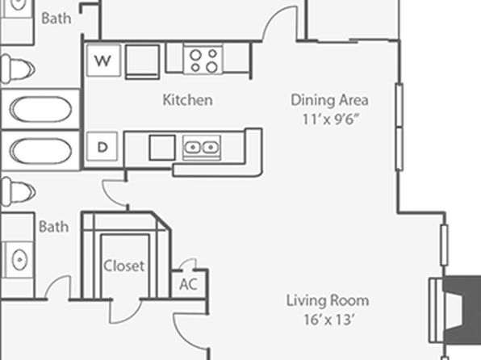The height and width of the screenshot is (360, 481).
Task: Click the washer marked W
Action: pos(103,61)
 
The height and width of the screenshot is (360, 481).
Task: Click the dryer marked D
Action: pos(102,147)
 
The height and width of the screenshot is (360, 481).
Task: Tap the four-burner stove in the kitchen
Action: pos(203,59)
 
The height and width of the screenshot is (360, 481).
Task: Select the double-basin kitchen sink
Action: pos(202,148)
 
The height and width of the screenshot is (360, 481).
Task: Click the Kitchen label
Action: pos(187,100)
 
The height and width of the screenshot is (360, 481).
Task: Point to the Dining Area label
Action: pos(329,100)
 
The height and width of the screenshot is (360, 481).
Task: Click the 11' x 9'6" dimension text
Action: pos(330,119)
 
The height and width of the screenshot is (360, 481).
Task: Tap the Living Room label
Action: pos(328,300)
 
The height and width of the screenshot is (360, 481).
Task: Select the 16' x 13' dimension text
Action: pos(328,320)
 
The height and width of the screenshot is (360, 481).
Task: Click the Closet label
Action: pos(124,266)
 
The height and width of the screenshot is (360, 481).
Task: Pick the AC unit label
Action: pos(188,284)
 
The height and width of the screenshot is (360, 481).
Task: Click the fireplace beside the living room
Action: pos(454,310)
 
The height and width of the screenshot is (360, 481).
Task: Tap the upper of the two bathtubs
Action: pos(40,109)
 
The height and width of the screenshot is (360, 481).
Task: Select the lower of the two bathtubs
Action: pos(40,151)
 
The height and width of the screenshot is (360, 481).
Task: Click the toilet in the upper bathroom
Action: pos(18,69)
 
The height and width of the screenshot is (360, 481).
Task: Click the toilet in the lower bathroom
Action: pos(18,191)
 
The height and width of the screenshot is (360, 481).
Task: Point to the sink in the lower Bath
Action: pos(19,260)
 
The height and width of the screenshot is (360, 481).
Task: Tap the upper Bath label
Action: pos(56,18)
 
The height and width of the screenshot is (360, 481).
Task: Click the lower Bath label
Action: pos(54,227)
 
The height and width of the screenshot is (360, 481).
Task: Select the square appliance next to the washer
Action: pos(142,61)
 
